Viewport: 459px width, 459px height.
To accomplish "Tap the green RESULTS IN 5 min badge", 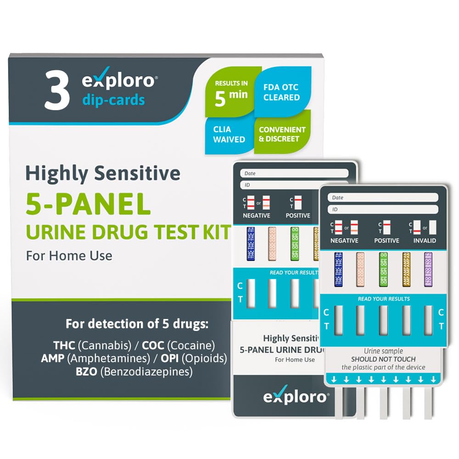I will click(x=231, y=90).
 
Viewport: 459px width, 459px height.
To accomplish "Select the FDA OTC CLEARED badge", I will click(x=281, y=92).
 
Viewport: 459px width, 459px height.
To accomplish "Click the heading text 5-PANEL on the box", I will click(x=88, y=205).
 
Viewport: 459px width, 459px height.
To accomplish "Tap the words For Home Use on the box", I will click(x=69, y=255).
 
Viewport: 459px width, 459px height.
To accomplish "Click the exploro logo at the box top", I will click(x=118, y=81).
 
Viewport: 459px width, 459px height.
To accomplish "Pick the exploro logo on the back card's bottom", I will click(x=296, y=397).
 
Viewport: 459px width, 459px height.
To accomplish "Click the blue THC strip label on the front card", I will click(x=339, y=269).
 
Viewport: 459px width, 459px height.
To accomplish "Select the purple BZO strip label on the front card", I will click(x=428, y=269).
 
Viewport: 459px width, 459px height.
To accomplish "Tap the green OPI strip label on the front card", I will click(x=383, y=269).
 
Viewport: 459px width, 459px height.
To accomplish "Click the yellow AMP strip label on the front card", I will click(x=406, y=269).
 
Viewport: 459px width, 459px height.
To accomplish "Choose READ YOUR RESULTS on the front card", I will click(x=384, y=299).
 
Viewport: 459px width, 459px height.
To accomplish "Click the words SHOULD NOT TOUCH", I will click(x=383, y=359).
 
